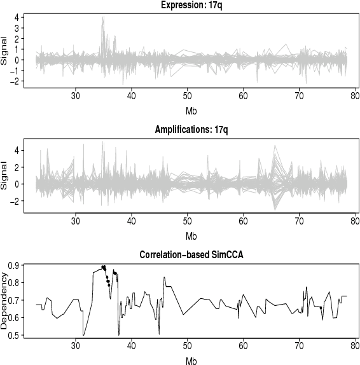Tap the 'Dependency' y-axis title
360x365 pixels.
[x=6, y=300]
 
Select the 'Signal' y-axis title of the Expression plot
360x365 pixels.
[x=6, y=53]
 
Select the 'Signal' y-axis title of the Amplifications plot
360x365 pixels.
[x=6, y=177]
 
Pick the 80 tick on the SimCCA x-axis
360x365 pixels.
[x=354, y=347]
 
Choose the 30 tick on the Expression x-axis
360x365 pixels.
[x=76, y=97]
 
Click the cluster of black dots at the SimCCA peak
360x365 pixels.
[x=104, y=268]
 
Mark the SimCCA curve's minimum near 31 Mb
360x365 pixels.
[x=83, y=334]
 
